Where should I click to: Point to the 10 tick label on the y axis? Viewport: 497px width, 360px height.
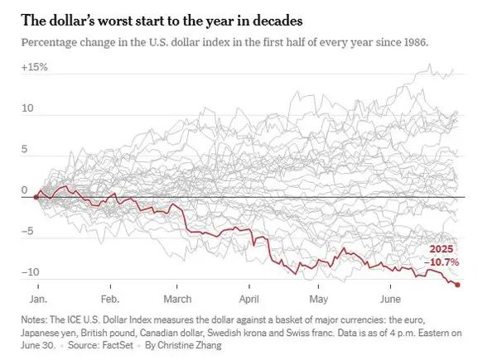(28, 108)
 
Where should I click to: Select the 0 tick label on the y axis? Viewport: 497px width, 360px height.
(27, 190)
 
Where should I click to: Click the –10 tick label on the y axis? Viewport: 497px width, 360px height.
(31, 272)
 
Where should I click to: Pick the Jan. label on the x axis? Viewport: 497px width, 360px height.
(39, 297)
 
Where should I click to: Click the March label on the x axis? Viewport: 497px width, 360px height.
(177, 297)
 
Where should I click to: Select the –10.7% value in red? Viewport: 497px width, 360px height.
(442, 262)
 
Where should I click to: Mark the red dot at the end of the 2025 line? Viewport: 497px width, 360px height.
(458, 285)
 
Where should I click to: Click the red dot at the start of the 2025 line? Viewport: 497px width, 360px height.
(36, 197)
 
